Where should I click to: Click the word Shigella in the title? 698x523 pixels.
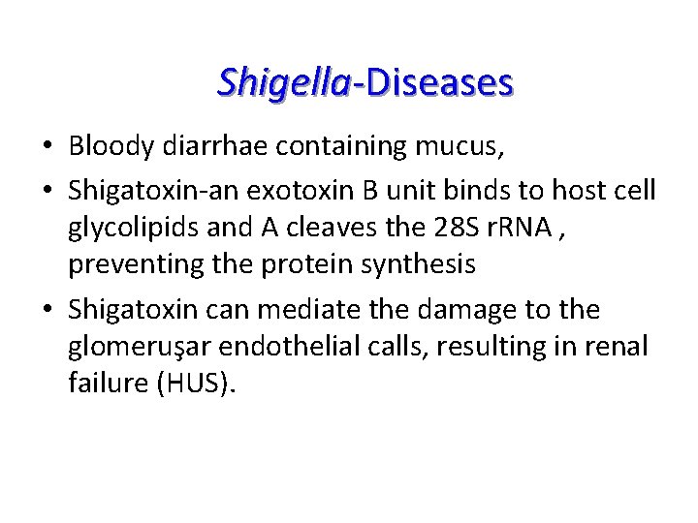tap(283, 82)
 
